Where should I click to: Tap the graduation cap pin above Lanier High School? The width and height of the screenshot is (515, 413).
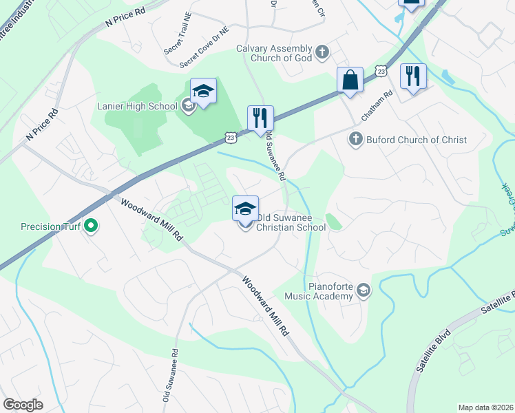pos(204,92)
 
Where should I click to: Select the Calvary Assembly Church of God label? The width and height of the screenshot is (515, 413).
pos(274,53)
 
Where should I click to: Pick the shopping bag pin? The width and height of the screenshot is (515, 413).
pos(350,80)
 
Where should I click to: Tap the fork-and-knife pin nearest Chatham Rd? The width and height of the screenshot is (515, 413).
pos(413,76)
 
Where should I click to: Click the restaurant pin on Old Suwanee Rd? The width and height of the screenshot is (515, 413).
pos(260,118)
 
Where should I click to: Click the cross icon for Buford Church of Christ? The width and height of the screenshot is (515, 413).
pos(356,139)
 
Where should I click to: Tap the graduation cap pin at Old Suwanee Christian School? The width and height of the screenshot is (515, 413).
pos(246,209)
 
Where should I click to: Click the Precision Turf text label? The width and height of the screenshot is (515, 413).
pos(51,226)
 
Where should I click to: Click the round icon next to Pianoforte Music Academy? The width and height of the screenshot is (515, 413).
pos(364,292)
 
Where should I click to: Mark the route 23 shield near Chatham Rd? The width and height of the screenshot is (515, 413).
pos(381,71)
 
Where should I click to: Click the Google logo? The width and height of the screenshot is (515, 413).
pos(23,405)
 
